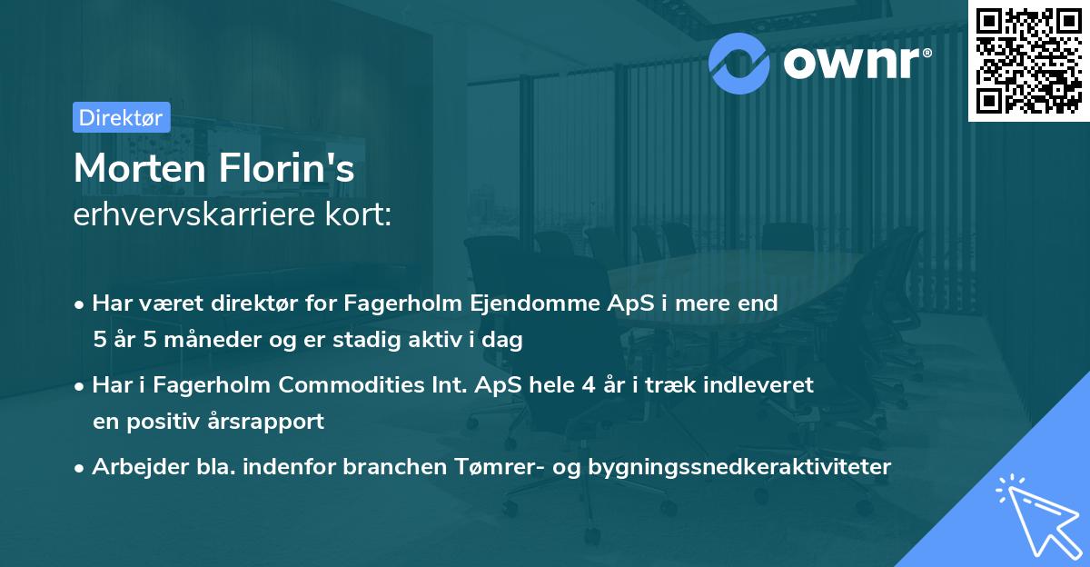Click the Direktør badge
[x=121, y=117]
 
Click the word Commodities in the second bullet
[x=393, y=385]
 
